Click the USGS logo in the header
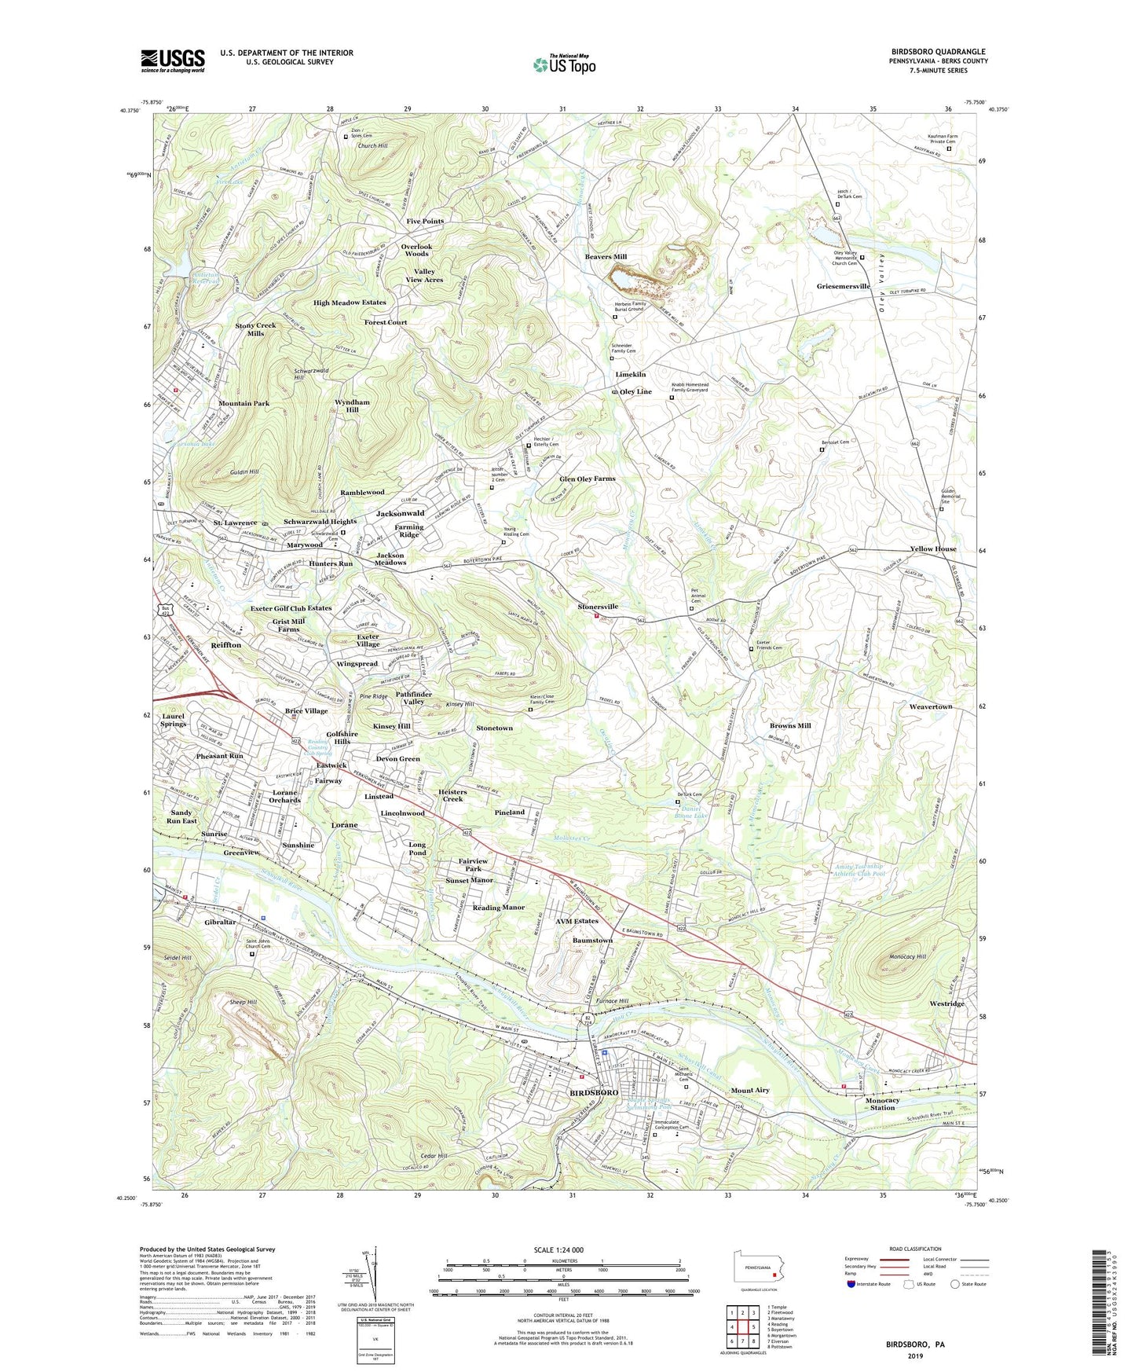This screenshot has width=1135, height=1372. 173,60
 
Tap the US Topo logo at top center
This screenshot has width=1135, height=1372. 564,64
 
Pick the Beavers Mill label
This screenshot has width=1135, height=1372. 606,257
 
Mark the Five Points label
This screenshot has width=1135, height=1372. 425,222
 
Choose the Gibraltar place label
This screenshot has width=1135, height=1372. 220,922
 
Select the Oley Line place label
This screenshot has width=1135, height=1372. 635,391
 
